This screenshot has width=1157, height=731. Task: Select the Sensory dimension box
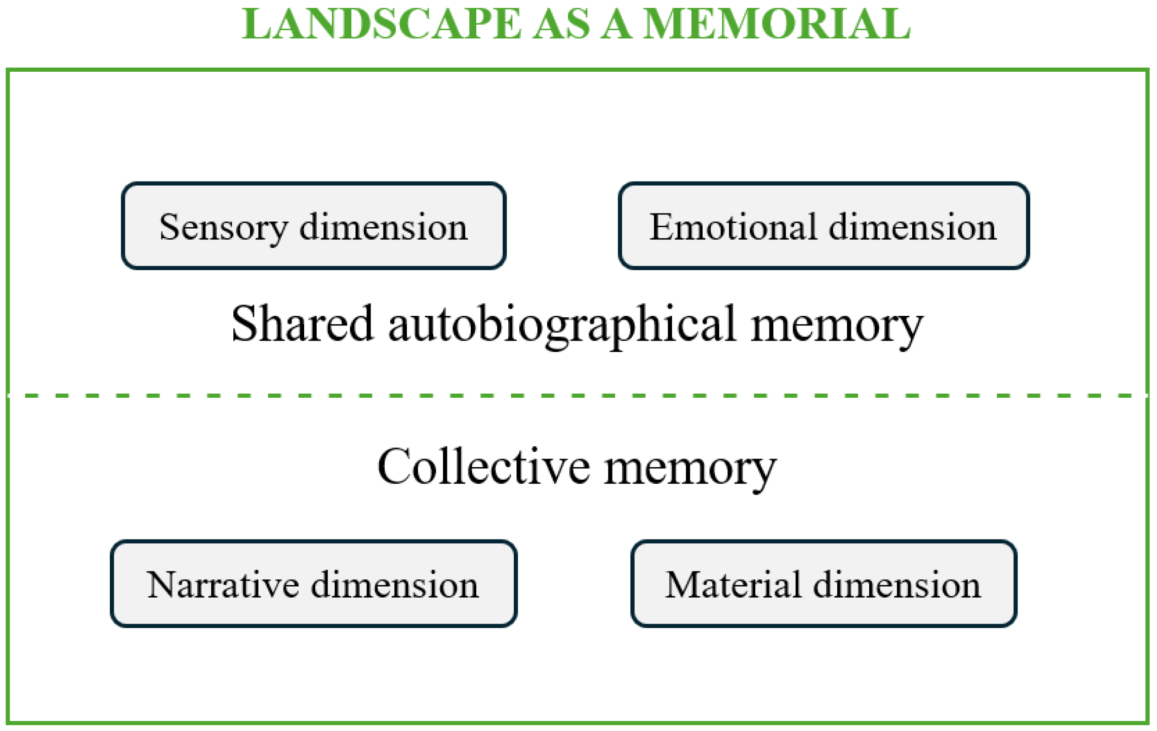pyautogui.click(x=314, y=226)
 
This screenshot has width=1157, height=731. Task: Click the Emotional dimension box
pyautogui.click(x=823, y=226)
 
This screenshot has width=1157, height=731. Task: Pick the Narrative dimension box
pyautogui.click(x=314, y=583)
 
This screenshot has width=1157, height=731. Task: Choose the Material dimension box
pyautogui.click(x=824, y=583)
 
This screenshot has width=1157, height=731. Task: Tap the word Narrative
pyautogui.click(x=223, y=585)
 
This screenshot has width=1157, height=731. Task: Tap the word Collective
pyautogui.click(x=484, y=466)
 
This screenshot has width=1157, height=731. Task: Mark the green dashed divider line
pyautogui.click(x=578, y=395)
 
